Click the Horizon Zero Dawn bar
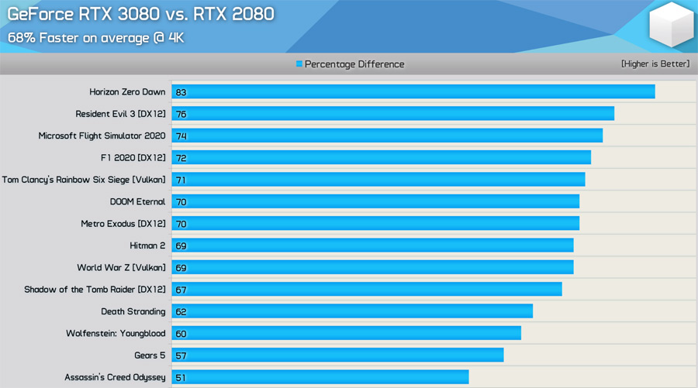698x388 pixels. [x=413, y=92]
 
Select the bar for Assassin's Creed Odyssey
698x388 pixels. [x=320, y=377]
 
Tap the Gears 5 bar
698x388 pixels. [x=337, y=355]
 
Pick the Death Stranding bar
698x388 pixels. [x=352, y=311]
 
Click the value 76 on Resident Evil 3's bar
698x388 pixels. [x=181, y=115]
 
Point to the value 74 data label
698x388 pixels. [x=181, y=136]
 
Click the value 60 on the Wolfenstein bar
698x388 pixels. [x=181, y=334]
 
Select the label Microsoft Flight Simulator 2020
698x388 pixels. [x=102, y=136]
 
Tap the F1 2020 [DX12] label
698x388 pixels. [x=133, y=158]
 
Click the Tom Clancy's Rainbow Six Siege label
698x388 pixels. [x=84, y=180]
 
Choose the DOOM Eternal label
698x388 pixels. [x=137, y=201]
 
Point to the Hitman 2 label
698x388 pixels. [x=147, y=246]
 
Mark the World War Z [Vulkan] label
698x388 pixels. [x=121, y=267]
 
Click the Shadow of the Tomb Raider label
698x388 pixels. [x=95, y=290]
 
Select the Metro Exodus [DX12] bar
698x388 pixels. [x=375, y=224]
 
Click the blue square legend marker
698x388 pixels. [x=299, y=64]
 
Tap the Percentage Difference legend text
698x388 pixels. [x=354, y=64]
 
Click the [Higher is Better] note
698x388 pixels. [x=655, y=64]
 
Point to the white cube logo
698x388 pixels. [x=671, y=25]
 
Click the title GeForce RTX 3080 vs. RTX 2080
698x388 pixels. [x=140, y=14]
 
